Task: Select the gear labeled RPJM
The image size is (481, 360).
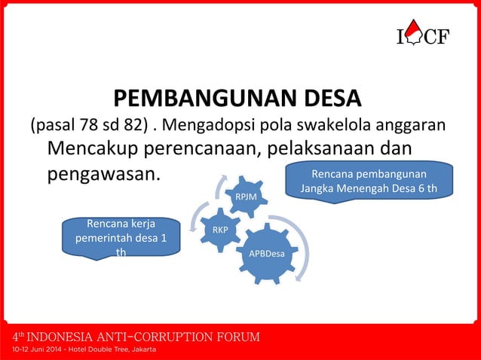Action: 246,197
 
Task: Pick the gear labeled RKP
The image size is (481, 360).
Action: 220,229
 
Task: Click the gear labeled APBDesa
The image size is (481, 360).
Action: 267,253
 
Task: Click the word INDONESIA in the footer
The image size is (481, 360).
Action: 67,336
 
